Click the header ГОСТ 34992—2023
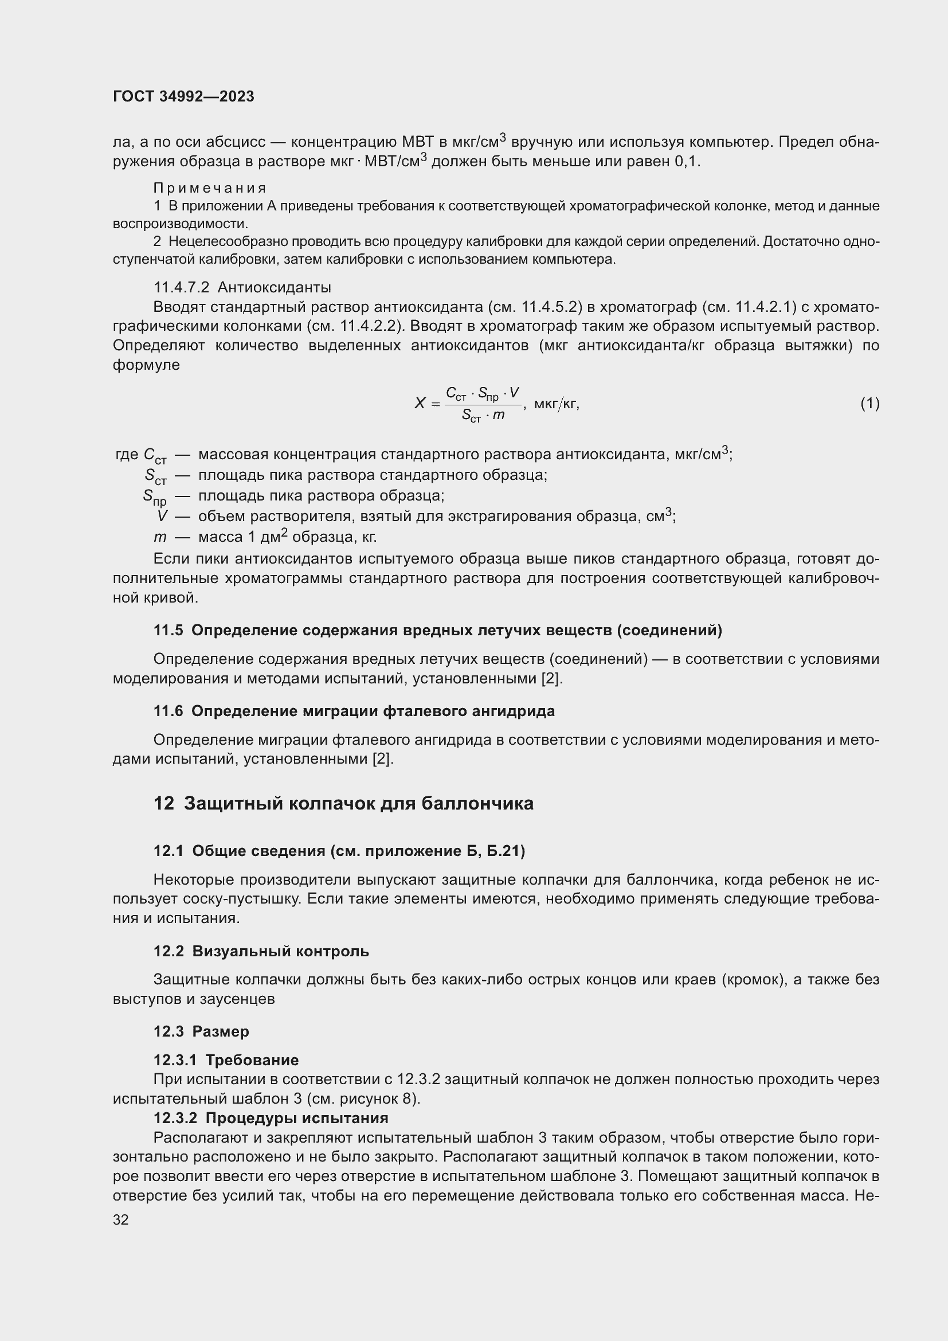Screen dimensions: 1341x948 pos(183,96)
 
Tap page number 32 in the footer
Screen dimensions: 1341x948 pos(121,1219)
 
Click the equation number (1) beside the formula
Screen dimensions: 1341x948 pos(870,403)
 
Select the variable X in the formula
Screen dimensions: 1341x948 pos(420,403)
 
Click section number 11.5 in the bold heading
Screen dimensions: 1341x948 pos(168,630)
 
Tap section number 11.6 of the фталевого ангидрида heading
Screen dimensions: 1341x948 pos(168,711)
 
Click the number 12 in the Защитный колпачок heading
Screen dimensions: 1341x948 pos(163,804)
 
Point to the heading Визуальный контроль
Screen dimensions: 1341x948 pos(280,952)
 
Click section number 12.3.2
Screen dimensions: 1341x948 pos(175,1118)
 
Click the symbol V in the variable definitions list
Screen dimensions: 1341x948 pos(162,517)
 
